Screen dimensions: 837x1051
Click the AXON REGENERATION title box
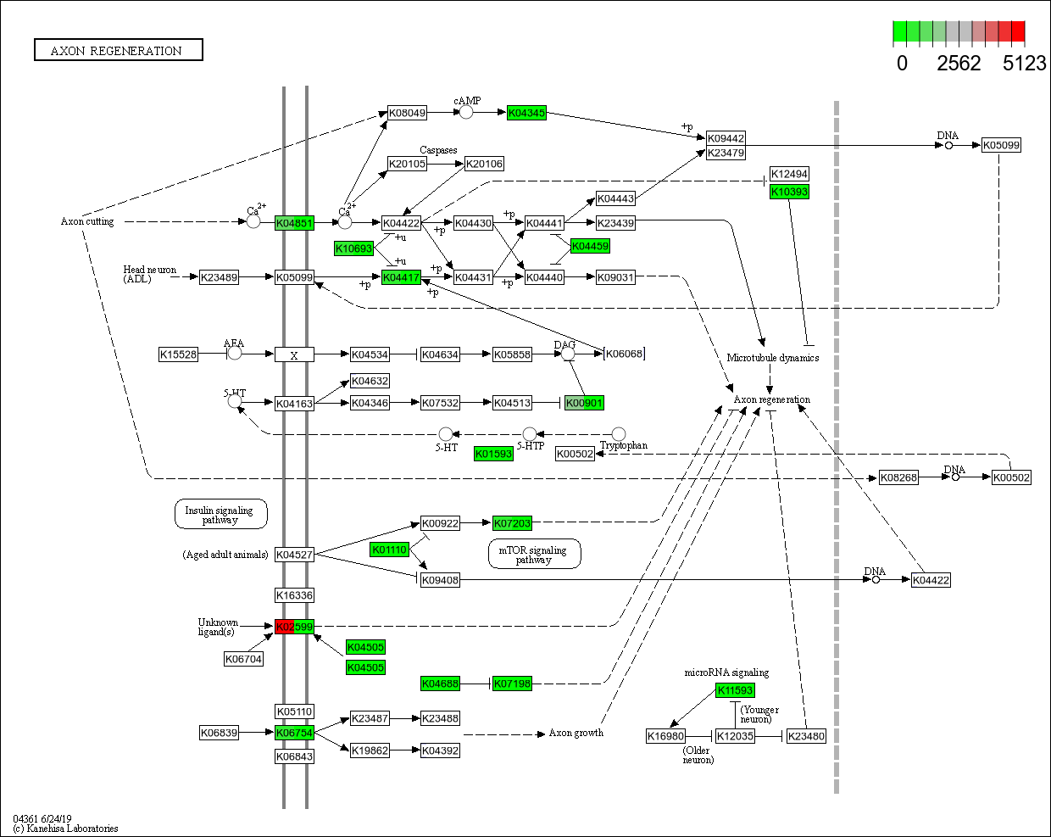click(x=118, y=50)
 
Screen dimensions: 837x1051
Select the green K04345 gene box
click(x=526, y=113)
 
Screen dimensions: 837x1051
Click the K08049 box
click(x=407, y=113)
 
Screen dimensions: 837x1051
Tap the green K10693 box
click(x=353, y=248)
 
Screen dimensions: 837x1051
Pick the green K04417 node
click(x=401, y=277)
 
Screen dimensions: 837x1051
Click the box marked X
click(x=294, y=354)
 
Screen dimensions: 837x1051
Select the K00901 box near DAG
click(x=584, y=403)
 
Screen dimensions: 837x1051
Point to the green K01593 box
click(x=493, y=454)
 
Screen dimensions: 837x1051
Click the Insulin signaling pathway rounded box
click(x=220, y=514)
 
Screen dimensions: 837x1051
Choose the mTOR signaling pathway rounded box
click(x=534, y=554)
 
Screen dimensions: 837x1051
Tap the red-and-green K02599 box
click(x=294, y=627)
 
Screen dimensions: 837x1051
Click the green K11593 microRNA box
click(x=734, y=690)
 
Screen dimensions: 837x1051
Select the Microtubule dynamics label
click(x=772, y=358)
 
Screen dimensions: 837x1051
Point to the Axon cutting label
click(x=87, y=221)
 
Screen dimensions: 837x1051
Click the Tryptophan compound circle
click(x=619, y=434)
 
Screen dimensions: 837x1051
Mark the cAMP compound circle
click(x=465, y=112)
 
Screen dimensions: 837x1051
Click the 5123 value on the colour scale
click(x=1024, y=64)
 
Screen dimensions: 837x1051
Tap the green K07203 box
click(x=512, y=523)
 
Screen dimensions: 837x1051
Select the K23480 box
click(x=806, y=736)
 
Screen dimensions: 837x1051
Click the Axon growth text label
click(x=576, y=733)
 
